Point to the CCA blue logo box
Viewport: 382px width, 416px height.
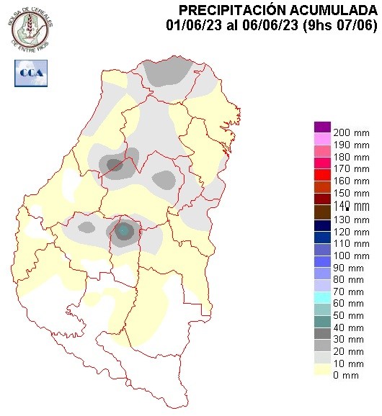(30, 72)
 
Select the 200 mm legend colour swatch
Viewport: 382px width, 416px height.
(322, 128)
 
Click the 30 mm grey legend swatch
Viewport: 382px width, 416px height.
(322, 333)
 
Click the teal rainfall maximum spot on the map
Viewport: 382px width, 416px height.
(123, 230)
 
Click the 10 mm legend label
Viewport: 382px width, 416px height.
(347, 361)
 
